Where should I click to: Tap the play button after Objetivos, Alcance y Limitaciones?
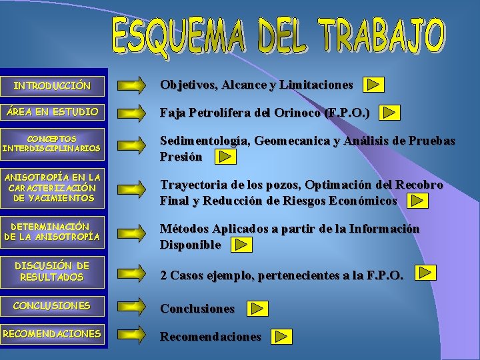[374, 85]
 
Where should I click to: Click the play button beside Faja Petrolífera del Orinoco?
[391, 113]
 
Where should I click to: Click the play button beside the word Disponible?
[241, 245]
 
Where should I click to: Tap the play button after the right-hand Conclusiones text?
[257, 309]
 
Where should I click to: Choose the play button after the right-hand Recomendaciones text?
[283, 337]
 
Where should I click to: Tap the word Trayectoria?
[190, 185]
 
